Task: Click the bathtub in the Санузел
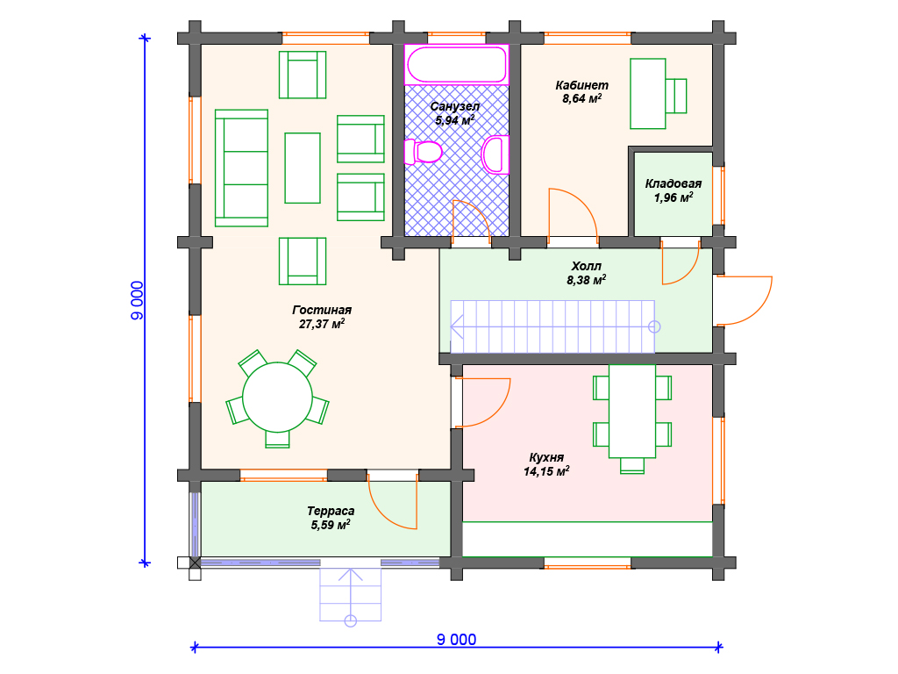pyautogui.click(x=456, y=65)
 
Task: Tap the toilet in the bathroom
pyautogui.click(x=424, y=152)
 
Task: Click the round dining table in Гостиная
pyautogui.click(x=277, y=398)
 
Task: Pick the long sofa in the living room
pyautogui.click(x=242, y=168)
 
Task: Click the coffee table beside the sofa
pyautogui.click(x=303, y=168)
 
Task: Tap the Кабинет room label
pyautogui.click(x=582, y=85)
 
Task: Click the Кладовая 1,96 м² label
pyautogui.click(x=673, y=190)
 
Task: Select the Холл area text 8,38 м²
pyautogui.click(x=587, y=280)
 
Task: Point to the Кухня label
pyautogui.click(x=546, y=457)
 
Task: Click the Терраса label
pyautogui.click(x=331, y=511)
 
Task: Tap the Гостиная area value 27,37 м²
pyautogui.click(x=322, y=324)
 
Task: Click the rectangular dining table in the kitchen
pyautogui.click(x=632, y=411)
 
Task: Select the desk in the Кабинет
pyautogui.click(x=648, y=93)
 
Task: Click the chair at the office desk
pyautogui.click(x=676, y=96)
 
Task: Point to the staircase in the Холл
pyautogui.click(x=552, y=326)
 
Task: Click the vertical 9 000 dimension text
pyautogui.click(x=138, y=300)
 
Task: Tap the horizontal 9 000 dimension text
pyautogui.click(x=456, y=639)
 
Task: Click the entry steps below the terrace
pyautogui.click(x=351, y=594)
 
